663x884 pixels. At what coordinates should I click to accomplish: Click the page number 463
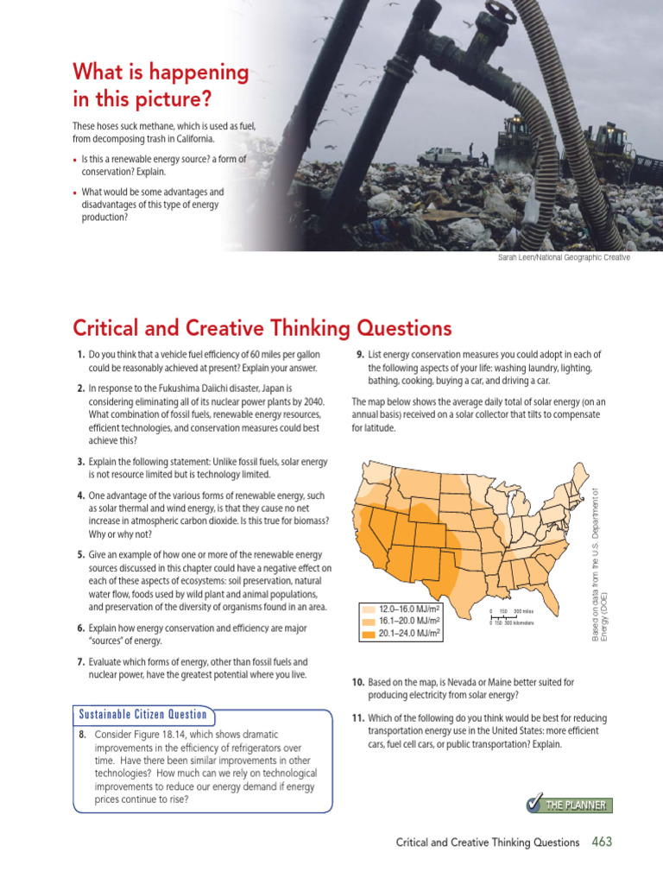click(x=602, y=842)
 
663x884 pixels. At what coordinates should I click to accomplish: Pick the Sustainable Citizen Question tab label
click(x=143, y=714)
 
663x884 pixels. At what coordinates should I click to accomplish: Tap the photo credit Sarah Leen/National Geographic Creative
click(x=564, y=257)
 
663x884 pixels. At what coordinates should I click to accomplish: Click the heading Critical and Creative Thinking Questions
click(x=262, y=328)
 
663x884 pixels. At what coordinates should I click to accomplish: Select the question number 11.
click(x=357, y=718)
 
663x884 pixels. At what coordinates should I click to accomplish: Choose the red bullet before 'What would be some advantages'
click(x=75, y=193)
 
